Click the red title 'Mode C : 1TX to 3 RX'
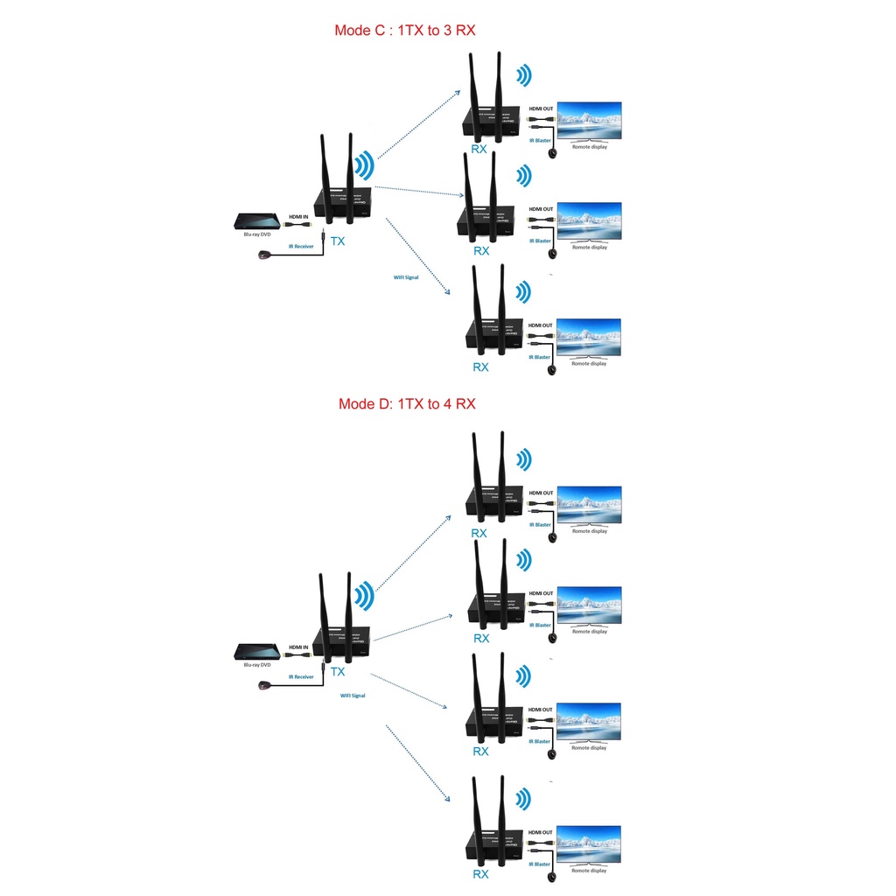[405, 31]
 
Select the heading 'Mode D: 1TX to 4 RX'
[407, 404]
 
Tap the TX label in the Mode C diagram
[337, 240]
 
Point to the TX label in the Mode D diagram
[338, 671]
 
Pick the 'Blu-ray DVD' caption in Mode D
[257, 665]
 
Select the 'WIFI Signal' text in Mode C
[406, 276]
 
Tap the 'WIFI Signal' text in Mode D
[353, 696]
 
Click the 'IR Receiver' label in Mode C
[301, 246]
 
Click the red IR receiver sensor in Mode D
[262, 685]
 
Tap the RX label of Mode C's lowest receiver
[480, 367]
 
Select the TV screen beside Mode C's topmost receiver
[589, 121]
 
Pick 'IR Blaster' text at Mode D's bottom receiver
[540, 864]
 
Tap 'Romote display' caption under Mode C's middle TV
[589, 248]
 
